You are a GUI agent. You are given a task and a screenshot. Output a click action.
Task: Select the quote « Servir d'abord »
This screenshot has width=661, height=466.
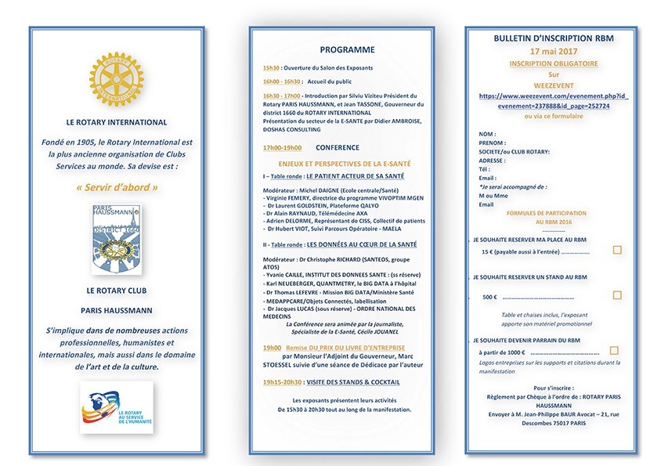click(117, 188)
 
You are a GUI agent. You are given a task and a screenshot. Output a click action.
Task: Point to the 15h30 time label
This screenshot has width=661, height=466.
click(271, 67)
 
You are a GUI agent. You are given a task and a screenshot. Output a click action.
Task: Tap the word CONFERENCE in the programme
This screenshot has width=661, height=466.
click(337, 147)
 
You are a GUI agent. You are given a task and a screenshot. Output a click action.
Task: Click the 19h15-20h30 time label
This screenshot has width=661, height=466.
click(282, 382)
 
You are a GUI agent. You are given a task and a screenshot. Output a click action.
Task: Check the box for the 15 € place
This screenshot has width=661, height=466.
click(617, 250)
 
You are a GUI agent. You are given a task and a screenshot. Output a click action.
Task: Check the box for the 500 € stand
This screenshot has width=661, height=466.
click(617, 295)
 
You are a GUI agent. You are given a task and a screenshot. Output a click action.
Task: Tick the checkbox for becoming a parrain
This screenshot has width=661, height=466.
click(614, 350)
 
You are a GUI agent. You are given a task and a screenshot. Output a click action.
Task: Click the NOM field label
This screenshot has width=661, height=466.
click(486, 134)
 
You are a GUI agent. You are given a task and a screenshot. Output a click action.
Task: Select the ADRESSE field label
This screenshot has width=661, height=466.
click(493, 160)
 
